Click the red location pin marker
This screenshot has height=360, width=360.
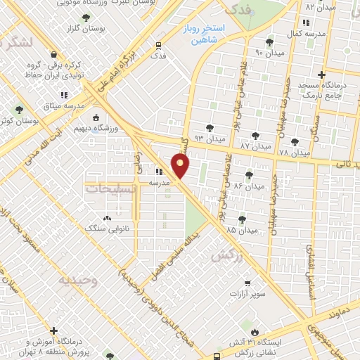181,166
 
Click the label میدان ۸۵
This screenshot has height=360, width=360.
240,230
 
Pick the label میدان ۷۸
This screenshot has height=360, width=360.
294,152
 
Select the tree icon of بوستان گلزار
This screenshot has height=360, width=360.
86,18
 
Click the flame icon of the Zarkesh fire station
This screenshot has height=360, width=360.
255,331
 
